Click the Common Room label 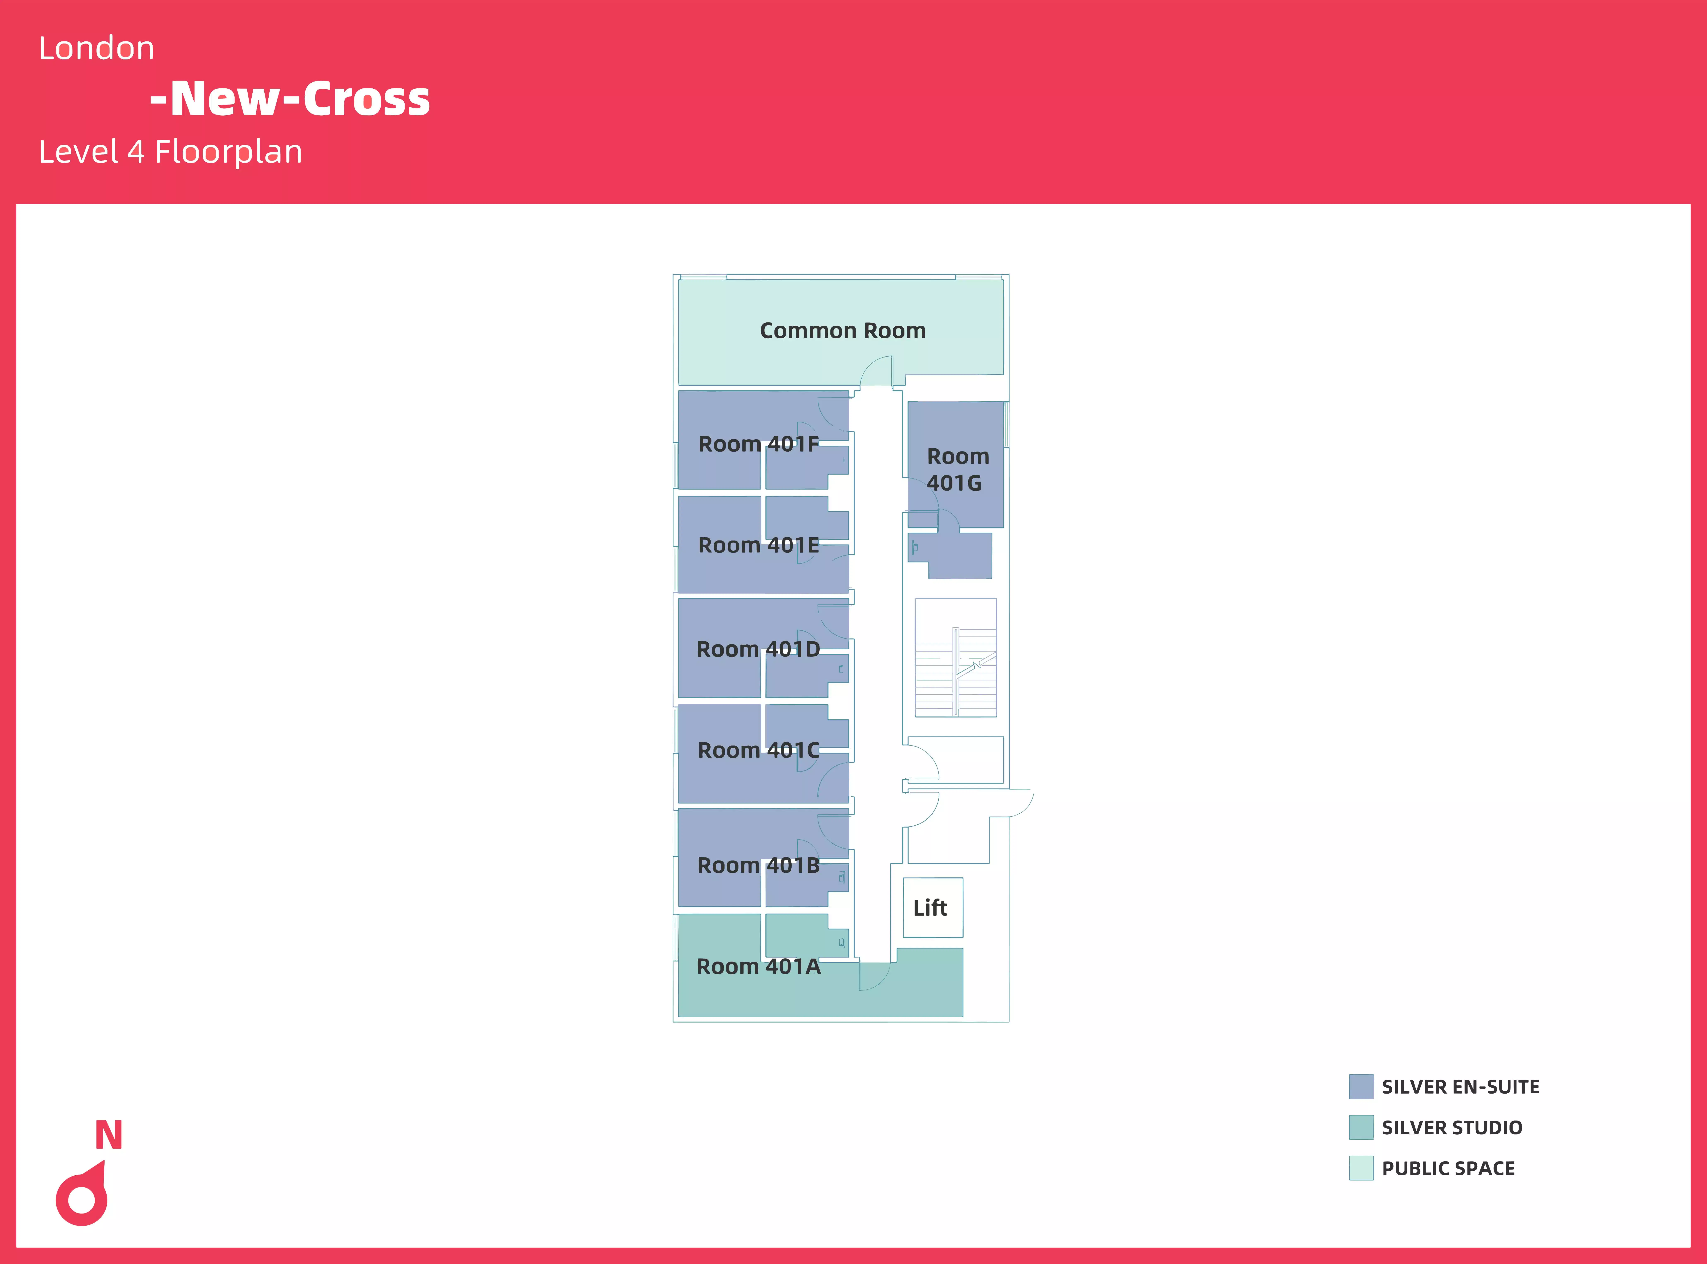(842, 330)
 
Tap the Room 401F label (758, 444)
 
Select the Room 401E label (758, 545)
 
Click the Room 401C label (758, 750)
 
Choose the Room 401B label (758, 865)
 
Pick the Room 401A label (758, 966)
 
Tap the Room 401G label (957, 469)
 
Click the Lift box (932, 907)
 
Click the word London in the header (96, 48)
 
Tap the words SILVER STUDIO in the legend (1451, 1128)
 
